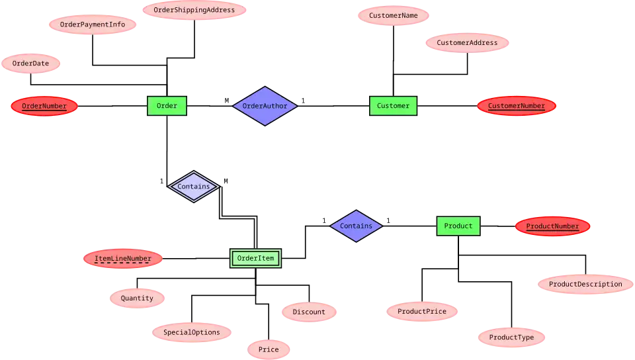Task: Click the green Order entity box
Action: pyautogui.click(x=167, y=106)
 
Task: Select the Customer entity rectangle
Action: pyautogui.click(x=393, y=106)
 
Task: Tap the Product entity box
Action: pyautogui.click(x=458, y=226)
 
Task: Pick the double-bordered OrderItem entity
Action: pyautogui.click(x=255, y=258)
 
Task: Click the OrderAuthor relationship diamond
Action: pyautogui.click(x=265, y=106)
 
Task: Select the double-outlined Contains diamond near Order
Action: pyautogui.click(x=193, y=187)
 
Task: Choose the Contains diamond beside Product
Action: pyautogui.click(x=356, y=226)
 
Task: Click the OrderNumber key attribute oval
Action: pyautogui.click(x=44, y=106)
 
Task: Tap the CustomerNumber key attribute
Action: pyautogui.click(x=516, y=106)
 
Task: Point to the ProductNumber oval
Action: pyautogui.click(x=552, y=226)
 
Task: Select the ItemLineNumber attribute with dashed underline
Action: pyautogui.click(x=123, y=259)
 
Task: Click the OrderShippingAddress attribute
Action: pyautogui.click(x=194, y=10)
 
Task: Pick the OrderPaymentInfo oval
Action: pyautogui.click(x=93, y=25)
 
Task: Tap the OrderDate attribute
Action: pyautogui.click(x=31, y=64)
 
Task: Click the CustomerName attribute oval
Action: pyautogui.click(x=394, y=15)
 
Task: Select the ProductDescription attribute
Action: pyautogui.click(x=585, y=285)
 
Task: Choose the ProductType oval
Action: pyautogui.click(x=511, y=337)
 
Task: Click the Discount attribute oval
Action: pyautogui.click(x=309, y=312)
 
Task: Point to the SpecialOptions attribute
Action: pyautogui.click(x=192, y=332)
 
